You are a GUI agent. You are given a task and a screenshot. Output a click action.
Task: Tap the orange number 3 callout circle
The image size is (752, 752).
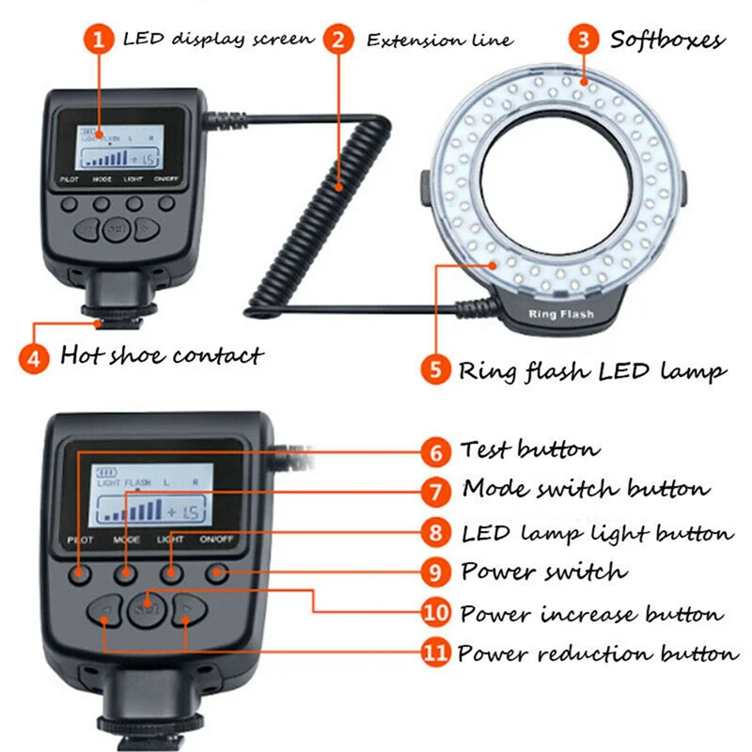[586, 40]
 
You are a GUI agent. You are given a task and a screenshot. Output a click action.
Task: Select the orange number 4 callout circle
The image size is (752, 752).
[35, 357]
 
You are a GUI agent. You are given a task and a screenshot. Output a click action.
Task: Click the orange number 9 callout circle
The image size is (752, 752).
[435, 572]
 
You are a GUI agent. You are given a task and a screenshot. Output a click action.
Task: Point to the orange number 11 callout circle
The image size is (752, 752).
[435, 652]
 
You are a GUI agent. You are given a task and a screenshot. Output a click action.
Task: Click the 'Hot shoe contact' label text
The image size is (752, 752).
[162, 355]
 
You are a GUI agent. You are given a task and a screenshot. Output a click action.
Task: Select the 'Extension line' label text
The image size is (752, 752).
[439, 40]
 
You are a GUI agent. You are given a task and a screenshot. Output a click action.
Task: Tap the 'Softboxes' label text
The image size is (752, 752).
[667, 40]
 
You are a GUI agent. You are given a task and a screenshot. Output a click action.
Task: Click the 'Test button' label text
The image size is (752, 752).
[529, 451]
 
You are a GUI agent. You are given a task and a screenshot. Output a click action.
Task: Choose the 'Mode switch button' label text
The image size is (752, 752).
[586, 490]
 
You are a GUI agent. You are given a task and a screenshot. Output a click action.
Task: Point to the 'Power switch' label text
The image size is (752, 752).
[542, 572]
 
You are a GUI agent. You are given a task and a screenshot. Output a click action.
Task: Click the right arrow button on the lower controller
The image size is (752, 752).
[188, 611]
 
